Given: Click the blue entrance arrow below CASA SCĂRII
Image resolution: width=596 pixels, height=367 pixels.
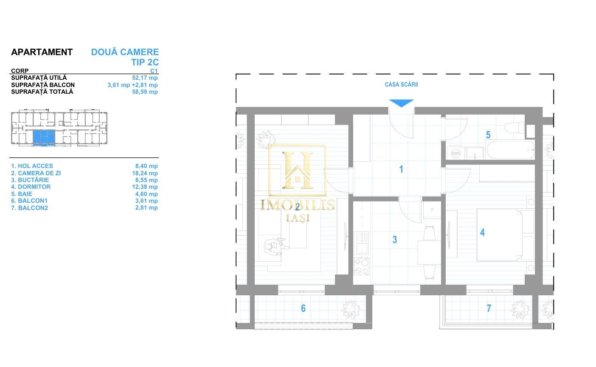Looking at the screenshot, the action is coord(401,103).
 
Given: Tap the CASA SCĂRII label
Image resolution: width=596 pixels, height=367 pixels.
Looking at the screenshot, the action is coord(401,84).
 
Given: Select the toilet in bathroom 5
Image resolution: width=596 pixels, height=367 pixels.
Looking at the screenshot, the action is coord(514,127).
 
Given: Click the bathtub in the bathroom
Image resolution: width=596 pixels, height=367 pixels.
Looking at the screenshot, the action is coord(510,150).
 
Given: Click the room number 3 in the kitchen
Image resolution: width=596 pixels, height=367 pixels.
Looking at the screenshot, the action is coord(395,240).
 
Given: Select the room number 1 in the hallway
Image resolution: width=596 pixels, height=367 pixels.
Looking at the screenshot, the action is coord(401,169).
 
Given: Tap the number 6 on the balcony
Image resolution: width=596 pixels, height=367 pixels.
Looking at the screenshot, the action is coord(303,308).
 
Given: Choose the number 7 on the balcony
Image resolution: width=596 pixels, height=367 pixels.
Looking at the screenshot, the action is coord(489,308).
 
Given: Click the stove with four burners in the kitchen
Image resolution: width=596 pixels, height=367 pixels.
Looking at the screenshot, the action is coord(361,266).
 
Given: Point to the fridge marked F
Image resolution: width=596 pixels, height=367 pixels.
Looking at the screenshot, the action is coord(432,210).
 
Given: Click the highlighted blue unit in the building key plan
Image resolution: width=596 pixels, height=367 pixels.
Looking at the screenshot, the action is coord(44,138).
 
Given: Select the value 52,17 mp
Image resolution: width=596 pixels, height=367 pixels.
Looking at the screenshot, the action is coord(145,78).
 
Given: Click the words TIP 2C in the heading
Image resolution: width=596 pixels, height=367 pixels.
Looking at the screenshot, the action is coord(145,62).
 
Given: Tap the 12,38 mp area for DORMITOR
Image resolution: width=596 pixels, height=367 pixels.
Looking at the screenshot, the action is coord(145,187).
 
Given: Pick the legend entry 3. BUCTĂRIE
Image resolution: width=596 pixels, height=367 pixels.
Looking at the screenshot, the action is coord(30,180).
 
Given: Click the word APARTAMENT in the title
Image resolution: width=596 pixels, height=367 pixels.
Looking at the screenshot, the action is coord(42,52).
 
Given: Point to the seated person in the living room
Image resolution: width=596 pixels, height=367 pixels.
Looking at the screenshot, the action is coord(276,247).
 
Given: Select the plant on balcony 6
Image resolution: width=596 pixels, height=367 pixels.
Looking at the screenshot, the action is coord(351,310).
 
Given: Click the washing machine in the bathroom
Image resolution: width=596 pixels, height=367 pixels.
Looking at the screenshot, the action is coord(455,153).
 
